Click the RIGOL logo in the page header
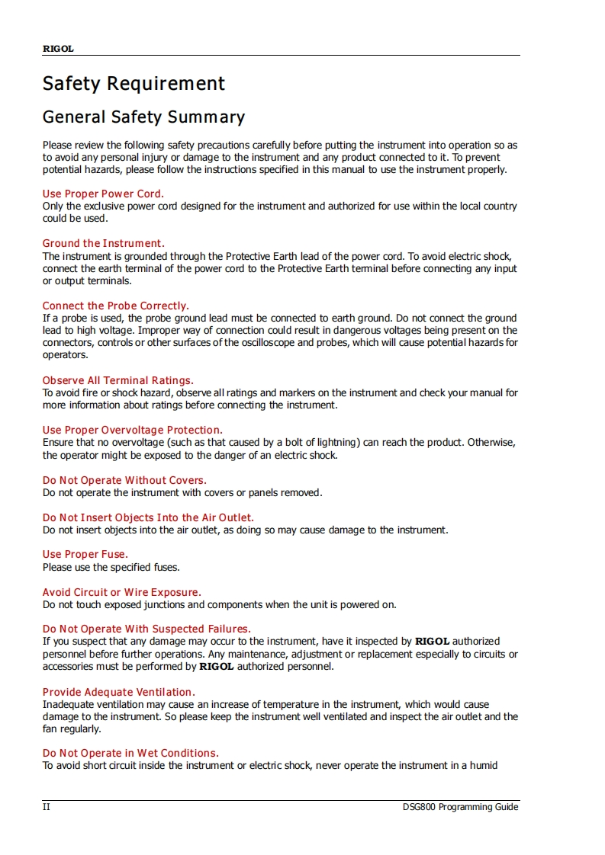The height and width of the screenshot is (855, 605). (58, 49)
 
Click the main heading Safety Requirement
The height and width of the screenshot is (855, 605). (134, 83)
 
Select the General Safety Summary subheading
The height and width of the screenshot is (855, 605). (143, 117)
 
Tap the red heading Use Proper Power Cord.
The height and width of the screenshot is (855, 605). (103, 194)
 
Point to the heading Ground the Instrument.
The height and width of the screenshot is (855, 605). (103, 244)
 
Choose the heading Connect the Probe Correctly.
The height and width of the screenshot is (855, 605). (115, 306)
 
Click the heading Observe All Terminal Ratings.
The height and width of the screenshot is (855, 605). (117, 380)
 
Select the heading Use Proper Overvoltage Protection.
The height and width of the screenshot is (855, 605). (132, 430)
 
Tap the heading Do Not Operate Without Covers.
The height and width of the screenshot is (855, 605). (124, 480)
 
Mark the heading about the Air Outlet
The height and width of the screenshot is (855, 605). (148, 517)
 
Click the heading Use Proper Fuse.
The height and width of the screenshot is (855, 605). (85, 554)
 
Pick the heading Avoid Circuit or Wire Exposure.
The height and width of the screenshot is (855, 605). (121, 592)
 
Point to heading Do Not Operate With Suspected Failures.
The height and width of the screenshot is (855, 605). (146, 629)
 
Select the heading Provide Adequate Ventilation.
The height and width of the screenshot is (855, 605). (118, 692)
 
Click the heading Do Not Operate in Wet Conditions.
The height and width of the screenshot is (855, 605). (130, 753)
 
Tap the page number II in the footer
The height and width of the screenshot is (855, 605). (46, 807)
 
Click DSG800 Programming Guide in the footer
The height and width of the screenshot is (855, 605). (461, 807)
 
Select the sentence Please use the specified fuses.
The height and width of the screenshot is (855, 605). (111, 567)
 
